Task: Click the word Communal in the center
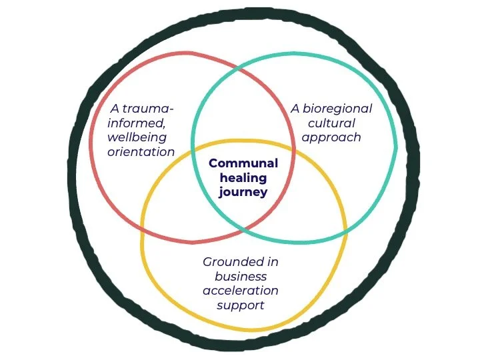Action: pyautogui.click(x=243, y=163)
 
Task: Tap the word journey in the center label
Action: pyautogui.click(x=243, y=193)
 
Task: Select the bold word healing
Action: pyautogui.click(x=243, y=178)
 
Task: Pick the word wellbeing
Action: pyautogui.click(x=137, y=138)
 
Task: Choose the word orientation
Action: pyautogui.click(x=141, y=152)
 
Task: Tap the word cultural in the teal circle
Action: pyautogui.click(x=331, y=123)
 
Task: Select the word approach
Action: pyautogui.click(x=331, y=138)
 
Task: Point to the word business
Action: pyautogui.click(x=241, y=277)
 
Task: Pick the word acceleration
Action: pyautogui.click(x=241, y=291)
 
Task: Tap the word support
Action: pyautogui.click(x=241, y=305)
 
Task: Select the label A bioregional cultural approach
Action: pyautogui.click(x=331, y=123)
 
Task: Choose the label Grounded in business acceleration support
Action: pyautogui.click(x=241, y=283)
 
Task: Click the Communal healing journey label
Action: pyautogui.click(x=243, y=178)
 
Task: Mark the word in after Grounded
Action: pyautogui.click(x=272, y=262)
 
